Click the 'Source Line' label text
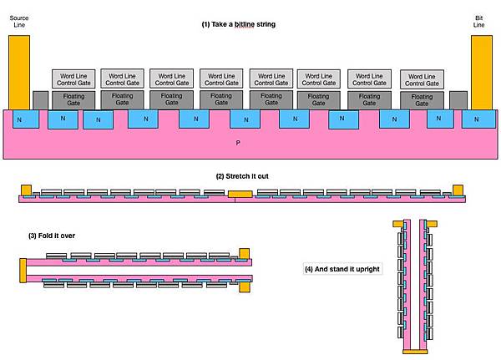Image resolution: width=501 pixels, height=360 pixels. pyautogui.click(x=19, y=21)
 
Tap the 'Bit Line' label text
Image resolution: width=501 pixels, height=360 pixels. pyautogui.click(x=478, y=21)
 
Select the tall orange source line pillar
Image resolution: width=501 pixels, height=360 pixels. pyautogui.click(x=19, y=73)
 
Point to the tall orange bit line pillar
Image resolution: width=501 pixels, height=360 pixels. pyautogui.click(x=482, y=73)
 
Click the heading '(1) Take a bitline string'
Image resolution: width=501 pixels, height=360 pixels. pyautogui.click(x=238, y=24)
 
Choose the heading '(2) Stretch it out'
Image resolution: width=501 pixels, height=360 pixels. pyautogui.click(x=242, y=176)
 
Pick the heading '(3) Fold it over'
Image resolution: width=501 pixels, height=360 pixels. pyautogui.click(x=52, y=236)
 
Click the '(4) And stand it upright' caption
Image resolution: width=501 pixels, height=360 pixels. pyautogui.click(x=342, y=269)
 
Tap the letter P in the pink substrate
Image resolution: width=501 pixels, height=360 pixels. pyautogui.click(x=238, y=143)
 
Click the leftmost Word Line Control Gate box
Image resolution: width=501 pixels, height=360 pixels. pyautogui.click(x=73, y=79)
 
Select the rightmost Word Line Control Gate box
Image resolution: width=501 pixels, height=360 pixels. pyautogui.click(x=422, y=79)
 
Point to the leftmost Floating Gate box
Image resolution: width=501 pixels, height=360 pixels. pyautogui.click(x=73, y=100)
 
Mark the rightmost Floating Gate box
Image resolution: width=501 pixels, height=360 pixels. pyautogui.click(x=422, y=100)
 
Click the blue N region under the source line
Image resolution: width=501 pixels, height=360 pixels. pyautogui.click(x=26, y=119)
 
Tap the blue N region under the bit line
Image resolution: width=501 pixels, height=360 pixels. pyautogui.click(x=479, y=119)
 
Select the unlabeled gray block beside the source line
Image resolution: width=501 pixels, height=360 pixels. pyautogui.click(x=41, y=100)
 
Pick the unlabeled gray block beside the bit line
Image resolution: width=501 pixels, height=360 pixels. pyautogui.click(x=458, y=100)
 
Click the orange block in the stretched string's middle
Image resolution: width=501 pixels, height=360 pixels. pyautogui.click(x=240, y=194)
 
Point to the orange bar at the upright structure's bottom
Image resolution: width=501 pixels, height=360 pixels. pyautogui.click(x=415, y=352)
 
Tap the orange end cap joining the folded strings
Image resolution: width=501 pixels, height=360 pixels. pyautogui.click(x=23, y=271)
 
